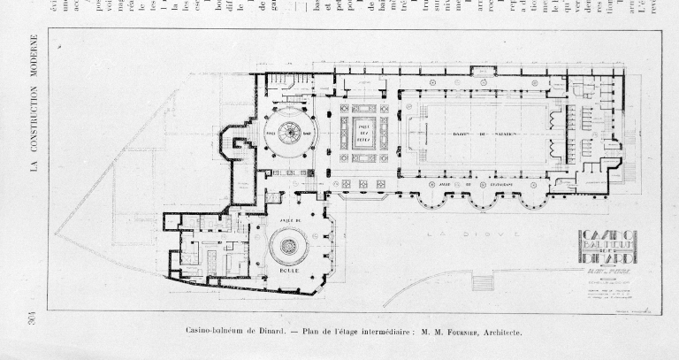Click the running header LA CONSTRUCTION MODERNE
pos(33,103)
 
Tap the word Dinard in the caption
pos(268,333)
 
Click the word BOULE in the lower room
pos(288,272)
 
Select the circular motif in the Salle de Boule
pos(288,245)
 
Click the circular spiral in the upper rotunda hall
pos(289,134)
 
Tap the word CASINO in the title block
pos(608,236)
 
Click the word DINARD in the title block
pos(608,257)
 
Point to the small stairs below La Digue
pos(483,282)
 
